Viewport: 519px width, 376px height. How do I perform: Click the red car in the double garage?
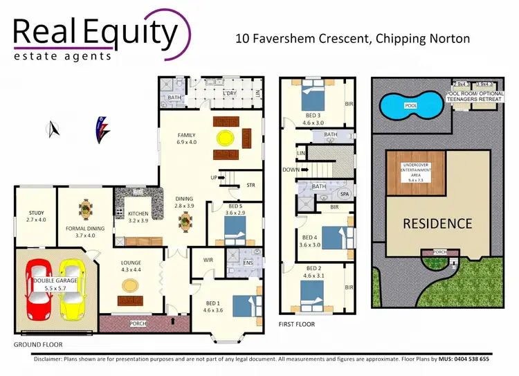(x=38, y=292)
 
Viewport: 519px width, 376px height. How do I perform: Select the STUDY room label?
(x=36, y=213)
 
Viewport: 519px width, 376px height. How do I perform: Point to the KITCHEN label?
(x=139, y=214)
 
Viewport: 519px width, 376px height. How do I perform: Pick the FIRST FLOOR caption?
(x=296, y=323)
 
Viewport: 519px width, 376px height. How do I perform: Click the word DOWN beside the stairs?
(x=291, y=169)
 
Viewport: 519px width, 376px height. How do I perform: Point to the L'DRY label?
(x=230, y=93)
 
